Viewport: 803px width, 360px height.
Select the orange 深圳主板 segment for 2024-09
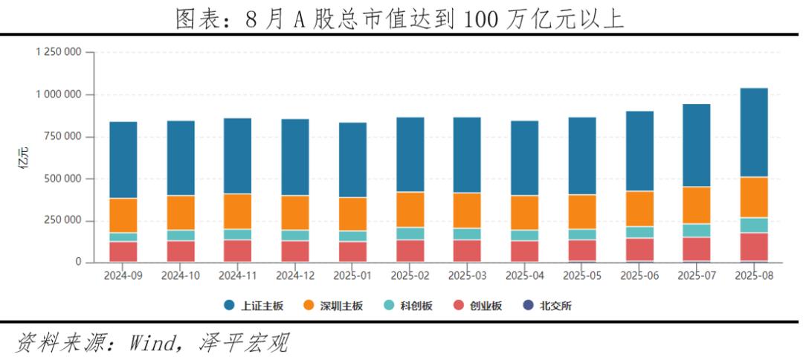pos(123,215)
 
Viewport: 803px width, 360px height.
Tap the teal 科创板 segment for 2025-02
pos(410,234)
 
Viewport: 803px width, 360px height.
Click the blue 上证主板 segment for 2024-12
pos(295,157)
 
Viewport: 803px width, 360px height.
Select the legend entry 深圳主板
pos(338,306)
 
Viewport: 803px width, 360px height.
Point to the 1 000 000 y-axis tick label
pos(57,94)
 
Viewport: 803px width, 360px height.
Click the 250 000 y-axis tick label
pos(63,220)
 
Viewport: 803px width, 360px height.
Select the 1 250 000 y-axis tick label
pos(57,52)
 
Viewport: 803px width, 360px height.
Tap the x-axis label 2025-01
pos(352,275)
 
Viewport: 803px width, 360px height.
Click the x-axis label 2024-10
pos(181,275)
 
